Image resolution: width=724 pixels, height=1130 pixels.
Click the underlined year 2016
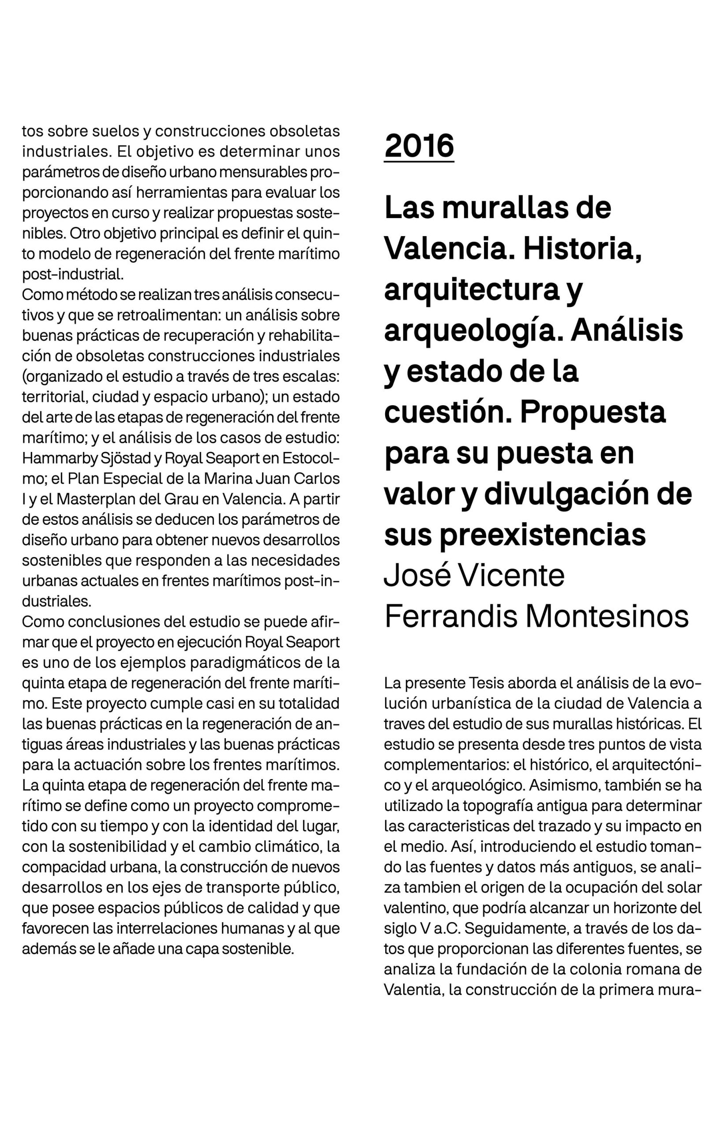(419, 146)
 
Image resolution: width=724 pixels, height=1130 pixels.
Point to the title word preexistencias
(515, 535)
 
